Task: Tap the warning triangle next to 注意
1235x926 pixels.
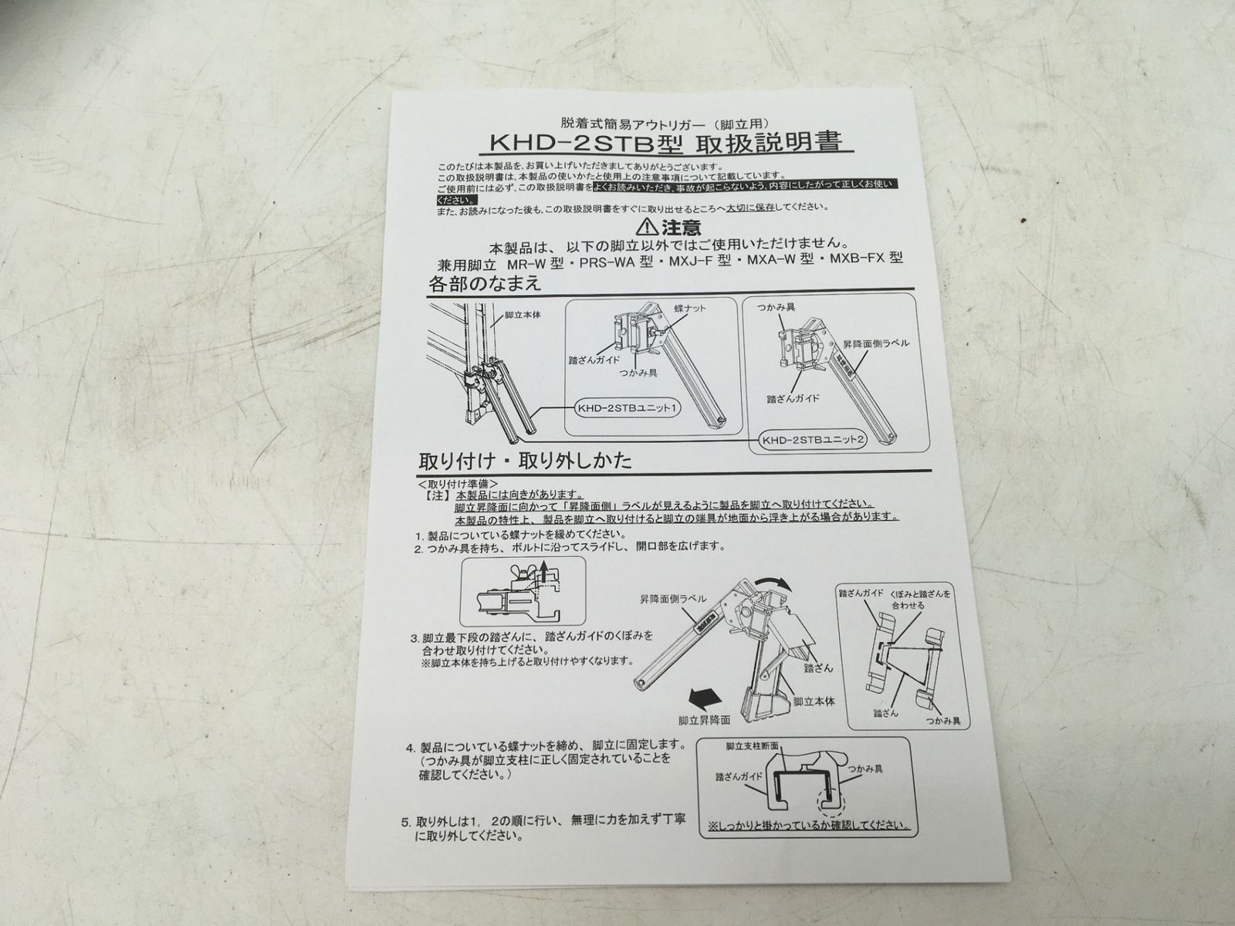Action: point(646,228)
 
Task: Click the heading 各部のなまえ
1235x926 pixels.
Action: point(485,283)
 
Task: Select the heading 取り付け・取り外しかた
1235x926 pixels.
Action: point(525,461)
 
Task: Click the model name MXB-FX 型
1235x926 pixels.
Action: point(865,259)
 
